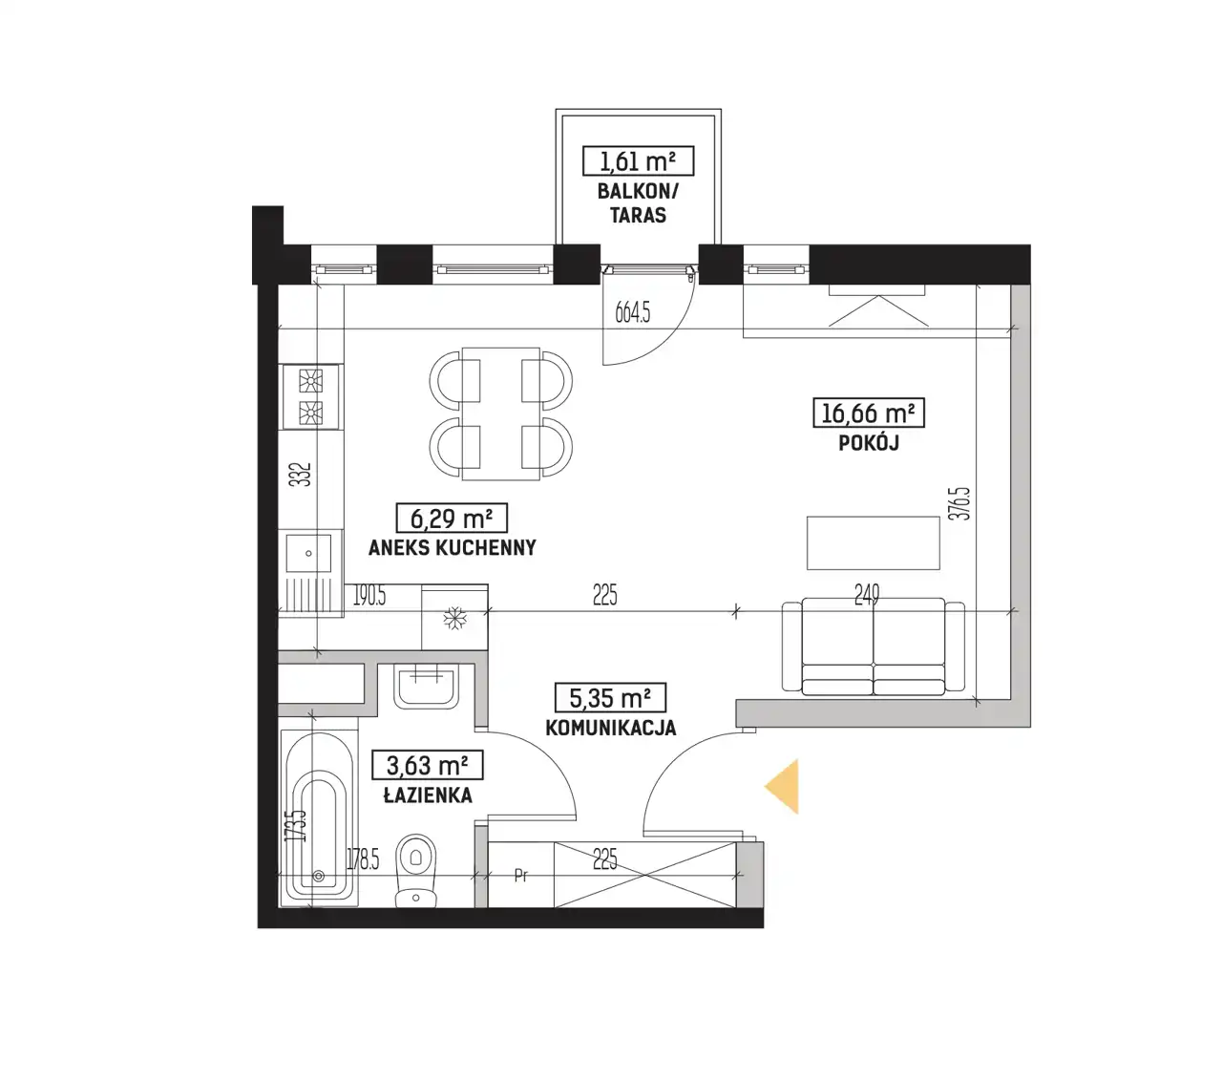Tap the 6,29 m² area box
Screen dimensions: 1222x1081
point(452,518)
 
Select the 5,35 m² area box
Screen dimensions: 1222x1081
point(610,697)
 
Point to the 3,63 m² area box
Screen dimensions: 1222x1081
point(427,765)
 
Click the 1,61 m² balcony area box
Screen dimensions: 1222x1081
point(638,160)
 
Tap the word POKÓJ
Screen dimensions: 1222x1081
point(869,443)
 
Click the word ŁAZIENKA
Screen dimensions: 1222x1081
point(429,795)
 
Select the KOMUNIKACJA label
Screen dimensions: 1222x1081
point(610,728)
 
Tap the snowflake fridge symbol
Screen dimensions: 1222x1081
point(454,618)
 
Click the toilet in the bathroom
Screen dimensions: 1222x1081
point(416,870)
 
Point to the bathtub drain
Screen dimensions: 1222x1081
point(319,876)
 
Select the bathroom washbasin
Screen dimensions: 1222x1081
point(426,686)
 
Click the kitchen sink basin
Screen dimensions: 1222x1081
point(308,553)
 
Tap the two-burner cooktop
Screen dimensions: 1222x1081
point(310,396)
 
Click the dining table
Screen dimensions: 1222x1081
point(500,413)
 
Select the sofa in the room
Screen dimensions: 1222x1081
point(873,646)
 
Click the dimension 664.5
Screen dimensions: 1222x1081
point(633,312)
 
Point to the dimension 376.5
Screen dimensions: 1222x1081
point(962,503)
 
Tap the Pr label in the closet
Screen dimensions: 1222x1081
point(521,875)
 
